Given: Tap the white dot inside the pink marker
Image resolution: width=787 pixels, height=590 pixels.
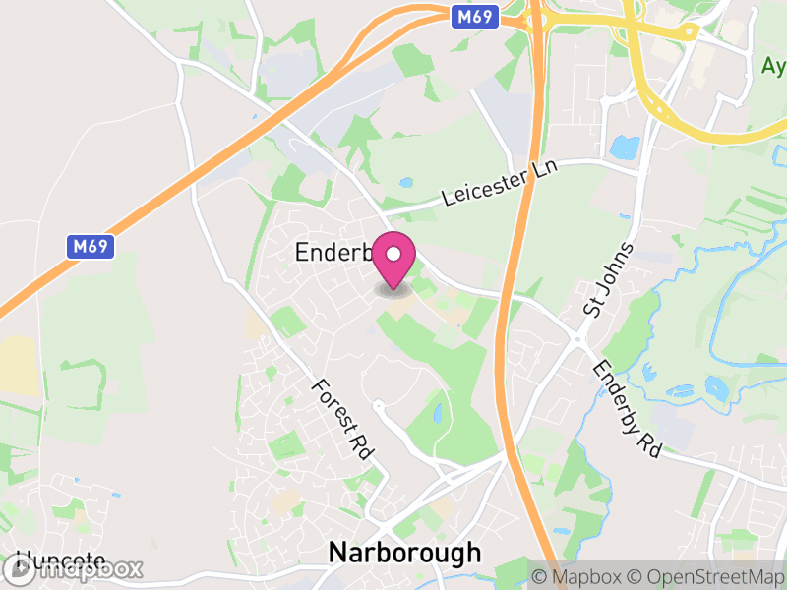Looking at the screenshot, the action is click(x=393, y=255).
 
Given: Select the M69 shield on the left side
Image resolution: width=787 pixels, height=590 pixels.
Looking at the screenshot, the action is click(x=91, y=246).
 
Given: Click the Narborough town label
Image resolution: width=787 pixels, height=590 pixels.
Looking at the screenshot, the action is click(x=404, y=552).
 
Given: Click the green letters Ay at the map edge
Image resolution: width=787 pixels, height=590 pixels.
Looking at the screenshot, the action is click(x=773, y=66).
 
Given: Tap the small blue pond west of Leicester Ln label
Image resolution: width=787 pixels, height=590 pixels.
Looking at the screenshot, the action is click(x=406, y=183).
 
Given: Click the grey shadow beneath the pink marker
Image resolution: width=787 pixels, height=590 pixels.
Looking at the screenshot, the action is click(x=394, y=289).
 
